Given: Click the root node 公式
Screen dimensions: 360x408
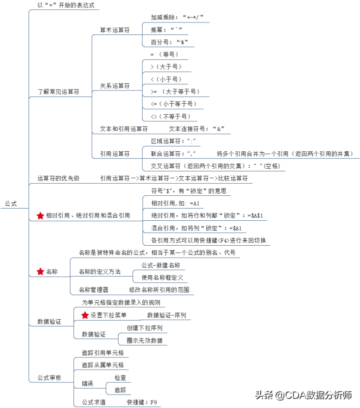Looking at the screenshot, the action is (x=10, y=203).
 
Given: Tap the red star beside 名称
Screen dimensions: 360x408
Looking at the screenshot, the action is (x=40, y=271).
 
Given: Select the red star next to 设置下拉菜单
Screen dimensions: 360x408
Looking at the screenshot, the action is (x=85, y=315).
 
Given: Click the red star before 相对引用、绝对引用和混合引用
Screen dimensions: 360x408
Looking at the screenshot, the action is (x=40, y=215).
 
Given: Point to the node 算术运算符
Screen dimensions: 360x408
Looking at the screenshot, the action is (x=115, y=30).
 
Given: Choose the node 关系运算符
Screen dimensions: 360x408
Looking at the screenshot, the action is (x=115, y=85).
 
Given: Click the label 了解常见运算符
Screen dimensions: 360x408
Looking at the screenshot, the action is (x=58, y=91).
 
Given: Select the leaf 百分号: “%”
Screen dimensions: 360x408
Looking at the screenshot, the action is (x=169, y=42).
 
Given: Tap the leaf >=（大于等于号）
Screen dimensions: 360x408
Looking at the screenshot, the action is (x=175, y=91).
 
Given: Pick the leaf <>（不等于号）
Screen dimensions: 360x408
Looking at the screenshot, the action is (x=171, y=116).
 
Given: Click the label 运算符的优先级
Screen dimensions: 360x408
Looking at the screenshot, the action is (x=58, y=178).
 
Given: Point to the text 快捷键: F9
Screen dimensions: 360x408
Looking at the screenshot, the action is (x=142, y=402).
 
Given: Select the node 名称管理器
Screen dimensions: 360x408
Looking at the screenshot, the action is (x=93, y=290).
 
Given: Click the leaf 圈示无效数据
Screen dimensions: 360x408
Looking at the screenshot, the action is (x=144, y=341).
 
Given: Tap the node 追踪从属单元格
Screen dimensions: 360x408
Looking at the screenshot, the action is (x=102, y=365).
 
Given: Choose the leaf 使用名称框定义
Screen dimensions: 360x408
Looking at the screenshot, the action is (x=162, y=278).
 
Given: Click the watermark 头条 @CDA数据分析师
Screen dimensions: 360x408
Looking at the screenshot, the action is (x=303, y=395).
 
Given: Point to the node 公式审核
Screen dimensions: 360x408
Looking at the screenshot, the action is (x=49, y=378).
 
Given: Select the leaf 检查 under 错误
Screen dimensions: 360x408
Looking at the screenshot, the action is (x=120, y=378).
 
